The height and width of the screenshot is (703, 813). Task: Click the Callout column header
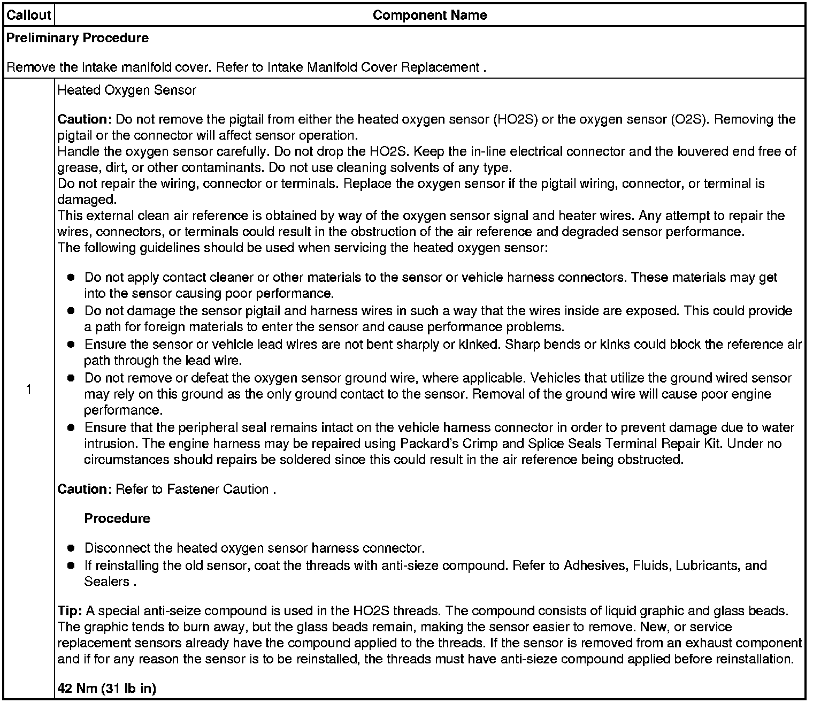(28, 15)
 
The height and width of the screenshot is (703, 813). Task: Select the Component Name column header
(429, 15)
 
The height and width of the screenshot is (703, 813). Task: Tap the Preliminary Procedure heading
(78, 38)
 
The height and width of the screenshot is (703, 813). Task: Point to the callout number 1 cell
(28, 389)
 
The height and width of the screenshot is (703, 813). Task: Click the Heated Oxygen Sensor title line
(127, 90)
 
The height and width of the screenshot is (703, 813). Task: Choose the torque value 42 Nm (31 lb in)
(106, 689)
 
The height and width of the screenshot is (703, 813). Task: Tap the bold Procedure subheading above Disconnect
(117, 518)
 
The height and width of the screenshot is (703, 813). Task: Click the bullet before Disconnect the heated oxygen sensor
(71, 548)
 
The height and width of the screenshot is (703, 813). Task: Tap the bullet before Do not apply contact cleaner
(71, 278)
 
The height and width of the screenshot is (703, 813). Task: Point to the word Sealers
(106, 582)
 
